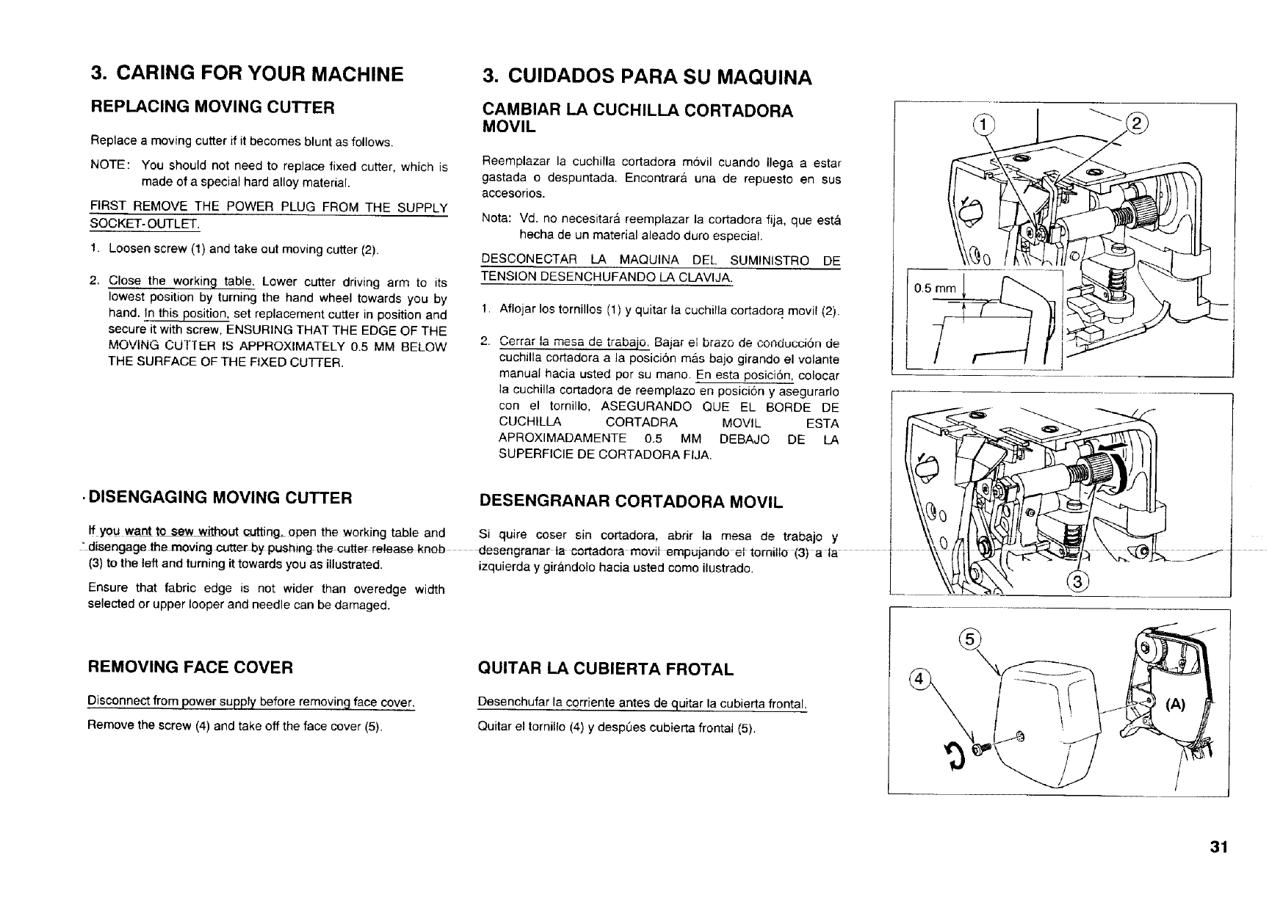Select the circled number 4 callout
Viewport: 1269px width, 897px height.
tap(917, 678)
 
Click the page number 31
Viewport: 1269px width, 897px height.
tap(1220, 847)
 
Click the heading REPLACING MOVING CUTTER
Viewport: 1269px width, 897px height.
tap(212, 107)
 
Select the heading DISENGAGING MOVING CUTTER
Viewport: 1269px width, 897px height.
tap(220, 498)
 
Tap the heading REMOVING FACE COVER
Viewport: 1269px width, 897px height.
tap(190, 667)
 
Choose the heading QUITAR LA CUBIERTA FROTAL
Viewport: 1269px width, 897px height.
tap(605, 669)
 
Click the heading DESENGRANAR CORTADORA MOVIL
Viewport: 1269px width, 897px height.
tap(631, 502)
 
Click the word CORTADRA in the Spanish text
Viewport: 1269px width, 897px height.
tap(641, 423)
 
